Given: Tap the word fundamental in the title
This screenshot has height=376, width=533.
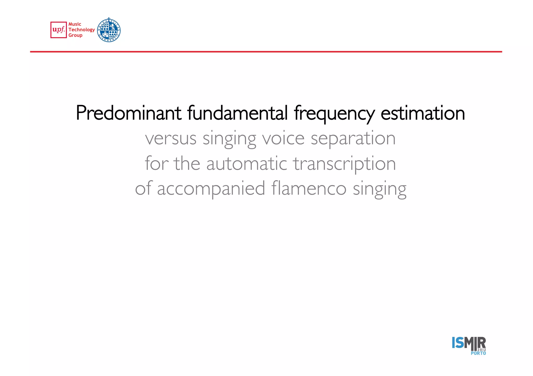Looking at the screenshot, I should (x=237, y=113).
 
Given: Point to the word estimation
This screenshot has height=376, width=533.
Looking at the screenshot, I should (x=423, y=113).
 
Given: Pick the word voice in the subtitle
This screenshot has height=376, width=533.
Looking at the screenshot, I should (x=283, y=138).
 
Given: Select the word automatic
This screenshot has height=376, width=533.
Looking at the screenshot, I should (x=246, y=164).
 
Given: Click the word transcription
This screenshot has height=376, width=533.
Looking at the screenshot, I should (x=345, y=164).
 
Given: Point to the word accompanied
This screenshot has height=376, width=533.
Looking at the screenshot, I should (x=211, y=189).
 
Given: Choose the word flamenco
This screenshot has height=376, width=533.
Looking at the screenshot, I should (x=309, y=188).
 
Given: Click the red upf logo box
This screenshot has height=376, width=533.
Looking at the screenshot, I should (x=59, y=30).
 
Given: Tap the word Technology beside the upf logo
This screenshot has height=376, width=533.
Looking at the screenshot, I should (x=82, y=30).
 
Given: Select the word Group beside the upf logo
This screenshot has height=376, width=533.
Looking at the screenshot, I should (x=75, y=35).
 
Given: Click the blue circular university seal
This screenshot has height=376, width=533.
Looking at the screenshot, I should (x=109, y=30).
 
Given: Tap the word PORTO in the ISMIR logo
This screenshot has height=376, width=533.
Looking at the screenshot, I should (x=478, y=353).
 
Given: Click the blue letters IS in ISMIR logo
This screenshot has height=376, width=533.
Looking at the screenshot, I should (x=458, y=343).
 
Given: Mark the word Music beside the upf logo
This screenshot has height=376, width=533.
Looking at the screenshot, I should (x=75, y=24).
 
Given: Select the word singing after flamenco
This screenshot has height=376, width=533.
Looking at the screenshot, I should (x=379, y=189).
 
